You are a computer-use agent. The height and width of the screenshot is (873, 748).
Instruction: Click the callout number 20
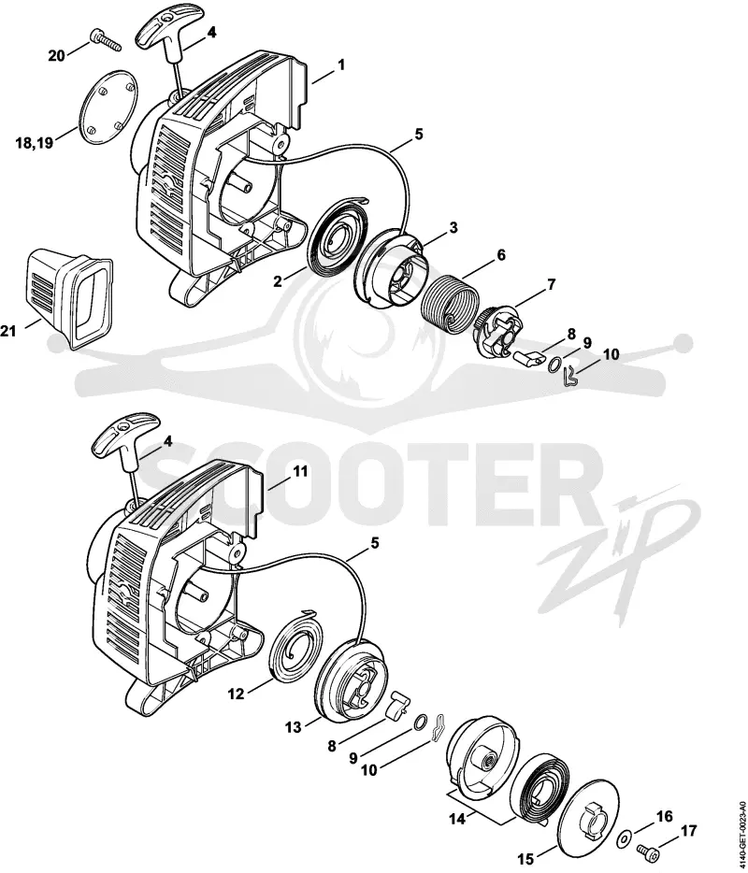56,56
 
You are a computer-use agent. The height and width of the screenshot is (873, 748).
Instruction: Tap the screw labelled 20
106,39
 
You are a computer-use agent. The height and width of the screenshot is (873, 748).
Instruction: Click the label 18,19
35,143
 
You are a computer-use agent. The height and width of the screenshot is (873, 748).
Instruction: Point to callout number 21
8,331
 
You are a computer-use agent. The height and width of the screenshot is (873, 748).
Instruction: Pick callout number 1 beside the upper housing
341,65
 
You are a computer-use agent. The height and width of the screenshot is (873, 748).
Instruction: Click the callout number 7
551,284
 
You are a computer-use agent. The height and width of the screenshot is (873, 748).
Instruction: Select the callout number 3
453,227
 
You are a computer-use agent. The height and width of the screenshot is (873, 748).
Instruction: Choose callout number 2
278,281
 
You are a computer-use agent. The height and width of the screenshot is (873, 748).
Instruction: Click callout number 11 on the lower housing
300,472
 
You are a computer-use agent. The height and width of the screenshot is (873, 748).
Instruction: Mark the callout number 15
525,860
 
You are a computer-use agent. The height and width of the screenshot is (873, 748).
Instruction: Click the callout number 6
501,254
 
